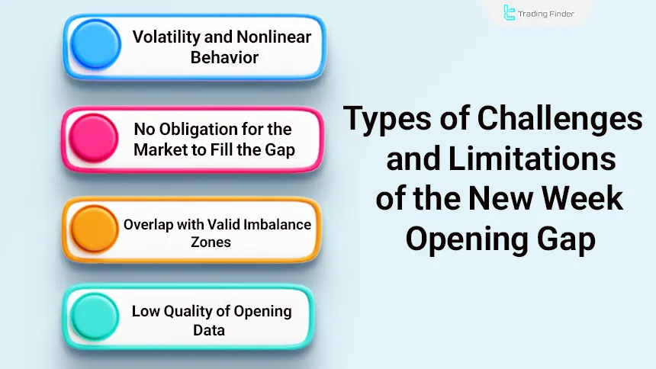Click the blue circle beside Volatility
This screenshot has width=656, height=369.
pos(95,45)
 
